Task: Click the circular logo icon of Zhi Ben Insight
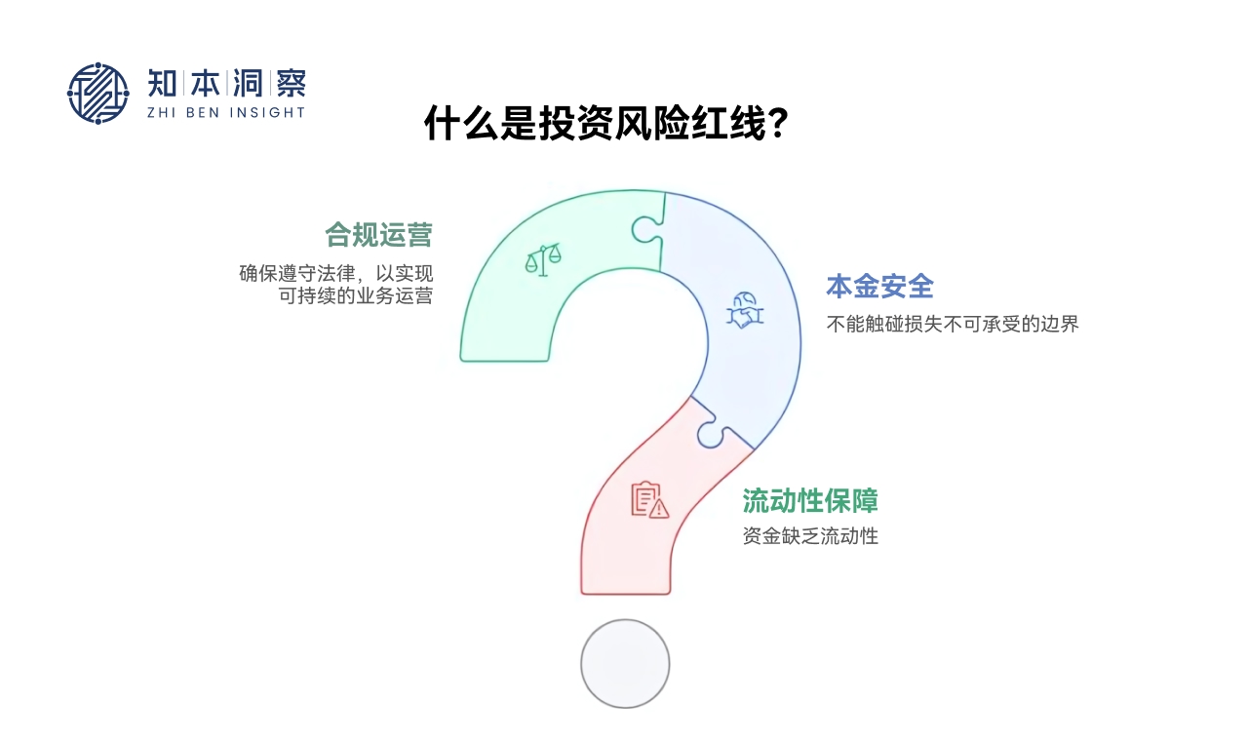pyautogui.click(x=97, y=94)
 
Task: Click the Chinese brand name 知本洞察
pyautogui.click(x=225, y=84)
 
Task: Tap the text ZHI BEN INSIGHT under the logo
pyautogui.click(x=225, y=112)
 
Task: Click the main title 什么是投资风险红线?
pyautogui.click(x=605, y=124)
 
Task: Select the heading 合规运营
pyautogui.click(x=378, y=235)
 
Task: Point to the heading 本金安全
pyautogui.click(x=879, y=286)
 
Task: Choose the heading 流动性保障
pyautogui.click(x=809, y=500)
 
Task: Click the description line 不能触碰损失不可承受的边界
pyautogui.click(x=953, y=325)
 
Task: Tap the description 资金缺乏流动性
pyautogui.click(x=809, y=535)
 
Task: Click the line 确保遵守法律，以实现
pyautogui.click(x=335, y=272)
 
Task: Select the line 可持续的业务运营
pyautogui.click(x=355, y=295)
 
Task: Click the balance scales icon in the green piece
pyautogui.click(x=544, y=259)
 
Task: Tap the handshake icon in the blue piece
pyautogui.click(x=746, y=310)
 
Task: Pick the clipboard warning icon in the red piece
pyautogui.click(x=649, y=499)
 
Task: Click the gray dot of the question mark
pyautogui.click(x=625, y=664)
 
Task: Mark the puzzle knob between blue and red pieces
pyautogui.click(x=711, y=432)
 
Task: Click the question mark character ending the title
pyautogui.click(x=778, y=124)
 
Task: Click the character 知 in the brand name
pyautogui.click(x=162, y=84)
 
